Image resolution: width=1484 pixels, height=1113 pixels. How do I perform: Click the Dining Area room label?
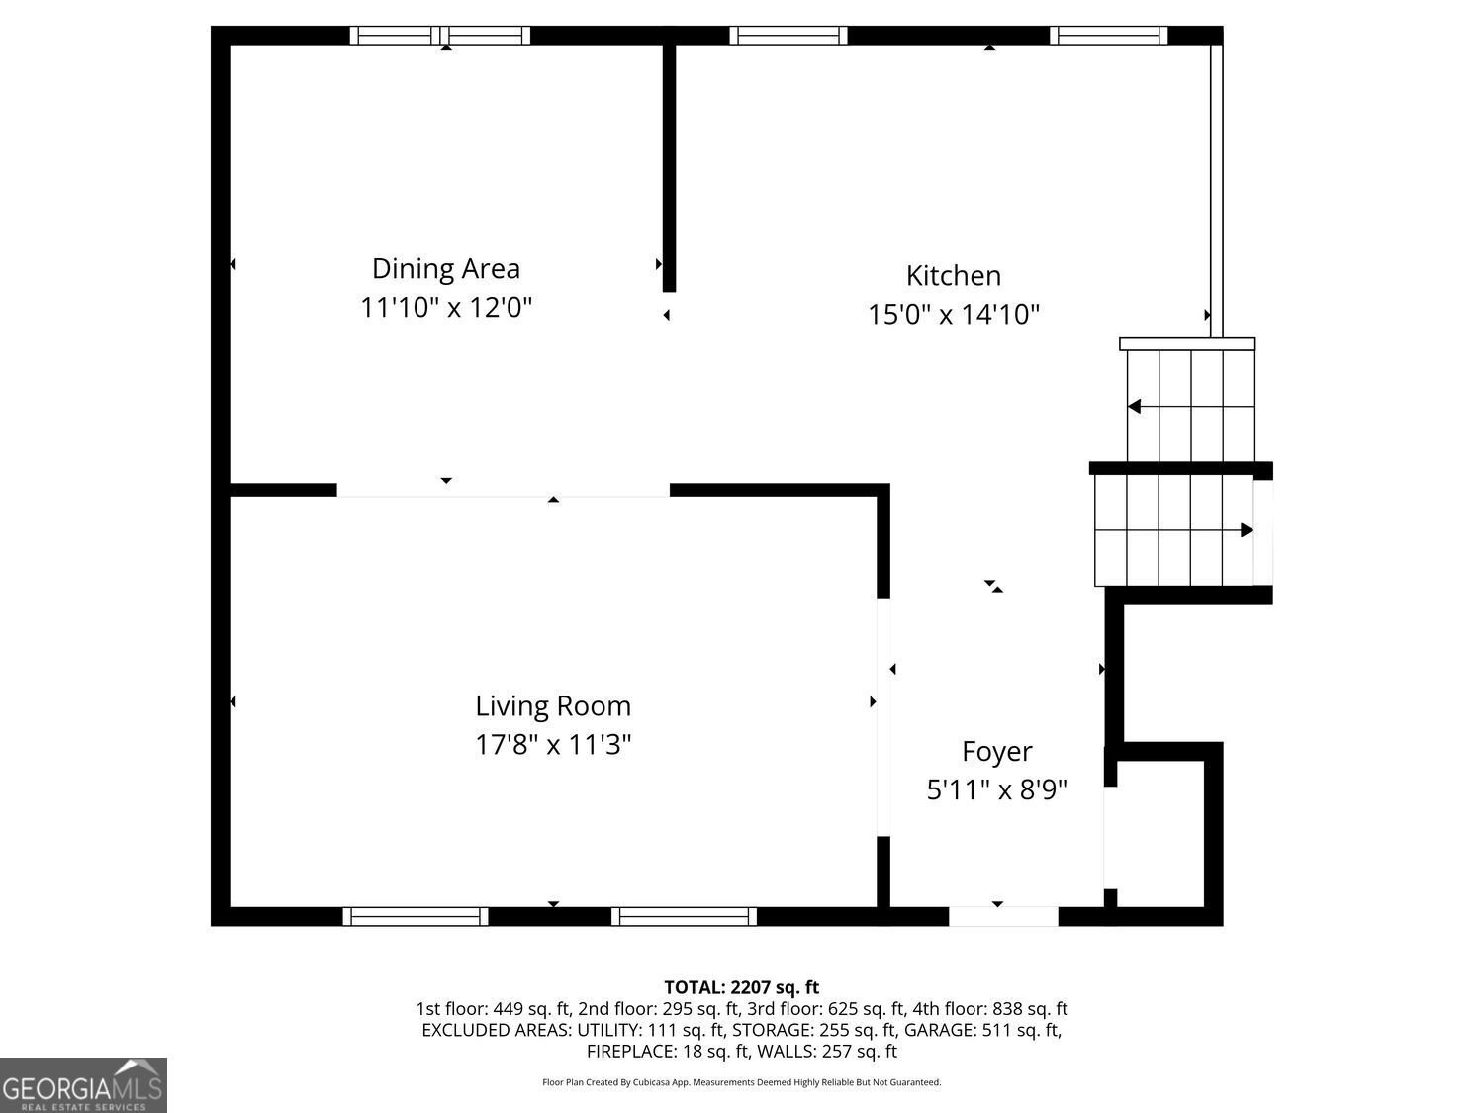(446, 269)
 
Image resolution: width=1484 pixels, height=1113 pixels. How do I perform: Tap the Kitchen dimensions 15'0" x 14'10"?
(954, 315)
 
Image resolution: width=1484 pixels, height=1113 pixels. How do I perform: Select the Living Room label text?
(553, 706)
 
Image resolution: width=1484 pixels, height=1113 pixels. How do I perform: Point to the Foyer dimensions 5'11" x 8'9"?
(996, 789)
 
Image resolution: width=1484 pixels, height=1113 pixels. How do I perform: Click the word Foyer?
(996, 752)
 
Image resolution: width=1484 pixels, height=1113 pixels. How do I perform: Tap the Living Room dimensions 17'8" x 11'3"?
(553, 745)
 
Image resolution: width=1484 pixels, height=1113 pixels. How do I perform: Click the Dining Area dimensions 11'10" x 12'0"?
(446, 308)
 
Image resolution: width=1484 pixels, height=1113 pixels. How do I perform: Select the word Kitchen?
(954, 276)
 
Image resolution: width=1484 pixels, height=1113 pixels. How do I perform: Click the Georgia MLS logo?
(83, 1085)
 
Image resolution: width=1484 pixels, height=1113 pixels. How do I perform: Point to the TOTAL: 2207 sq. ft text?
(742, 987)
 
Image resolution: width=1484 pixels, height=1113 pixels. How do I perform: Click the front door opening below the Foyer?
(1003, 916)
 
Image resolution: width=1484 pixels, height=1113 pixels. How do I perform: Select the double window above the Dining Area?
(439, 36)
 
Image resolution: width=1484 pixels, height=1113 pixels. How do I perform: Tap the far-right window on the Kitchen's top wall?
(1109, 36)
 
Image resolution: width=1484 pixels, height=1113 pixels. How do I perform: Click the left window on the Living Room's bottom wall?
(416, 916)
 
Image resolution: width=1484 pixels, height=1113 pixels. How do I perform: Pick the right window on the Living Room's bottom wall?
(685, 916)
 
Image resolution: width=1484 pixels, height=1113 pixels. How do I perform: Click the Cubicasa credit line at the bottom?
(742, 1082)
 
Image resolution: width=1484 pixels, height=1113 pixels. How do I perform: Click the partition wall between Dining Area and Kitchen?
(670, 168)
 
